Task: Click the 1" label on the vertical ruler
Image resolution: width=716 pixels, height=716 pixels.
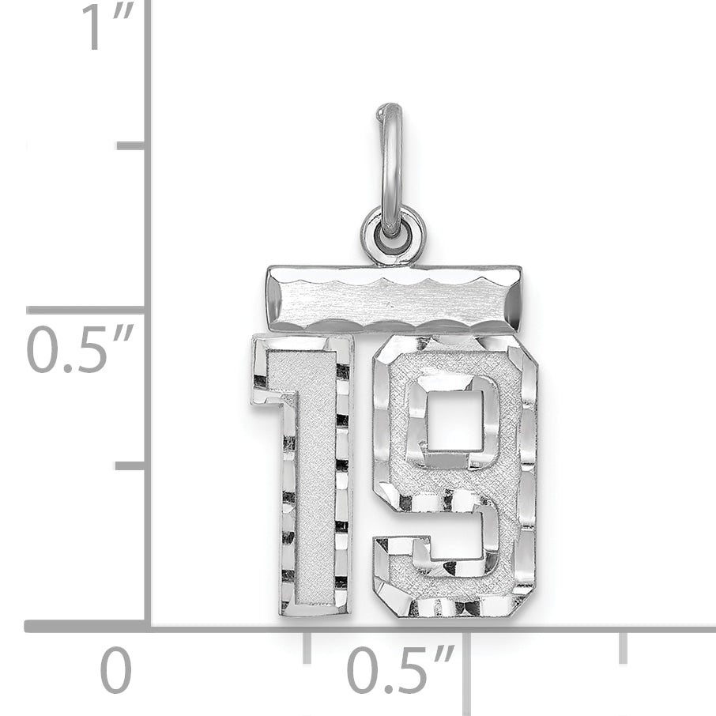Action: point(107,28)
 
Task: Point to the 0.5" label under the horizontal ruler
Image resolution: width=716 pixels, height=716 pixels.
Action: point(399,671)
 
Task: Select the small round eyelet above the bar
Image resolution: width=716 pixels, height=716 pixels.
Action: point(393,235)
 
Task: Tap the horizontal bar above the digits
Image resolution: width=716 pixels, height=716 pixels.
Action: point(394,299)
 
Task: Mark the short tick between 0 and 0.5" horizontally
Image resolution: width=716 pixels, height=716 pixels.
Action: point(307,646)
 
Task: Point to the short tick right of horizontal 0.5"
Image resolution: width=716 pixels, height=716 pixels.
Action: point(624,646)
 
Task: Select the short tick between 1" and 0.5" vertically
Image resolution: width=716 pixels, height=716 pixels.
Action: point(131,145)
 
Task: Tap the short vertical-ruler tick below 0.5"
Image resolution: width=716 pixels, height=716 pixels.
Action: point(131,465)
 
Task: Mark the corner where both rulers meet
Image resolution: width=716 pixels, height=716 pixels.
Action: point(148,626)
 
